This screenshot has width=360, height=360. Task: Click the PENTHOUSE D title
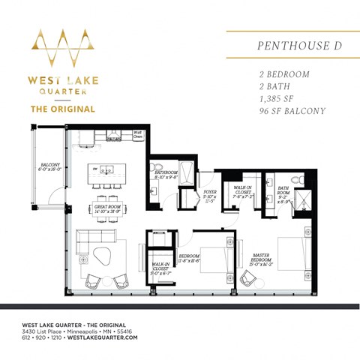pyautogui.click(x=289, y=45)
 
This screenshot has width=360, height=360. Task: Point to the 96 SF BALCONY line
pyautogui.click(x=292, y=111)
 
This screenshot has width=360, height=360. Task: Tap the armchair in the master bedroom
pyautogui.click(x=248, y=278)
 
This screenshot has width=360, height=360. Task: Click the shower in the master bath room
pyautogui.click(x=302, y=200)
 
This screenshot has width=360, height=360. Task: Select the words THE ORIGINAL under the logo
pyautogui.click(x=62, y=109)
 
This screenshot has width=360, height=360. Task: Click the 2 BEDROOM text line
pyautogui.click(x=284, y=75)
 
